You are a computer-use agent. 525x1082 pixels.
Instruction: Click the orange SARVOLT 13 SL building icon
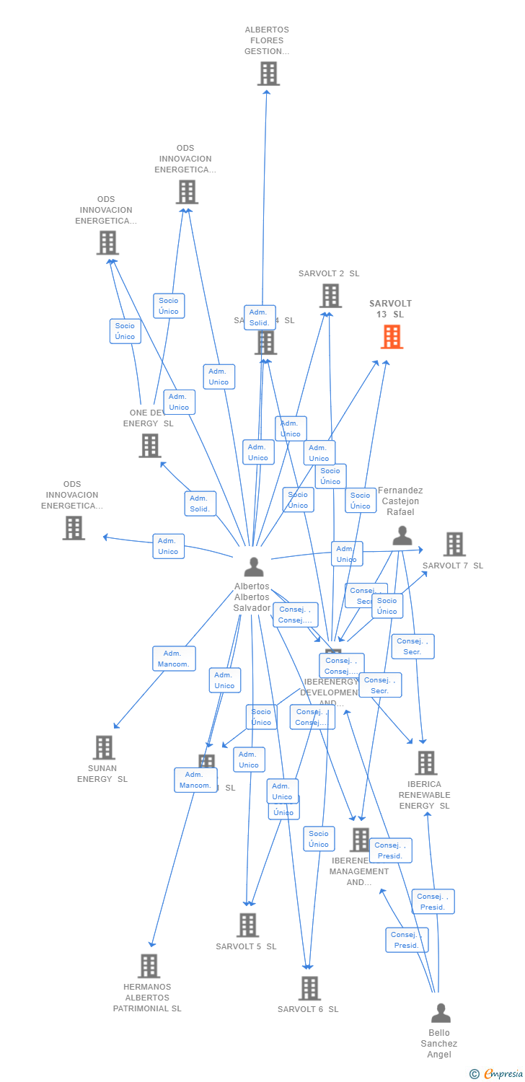[392, 337]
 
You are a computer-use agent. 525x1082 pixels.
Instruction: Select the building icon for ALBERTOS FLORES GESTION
[268, 74]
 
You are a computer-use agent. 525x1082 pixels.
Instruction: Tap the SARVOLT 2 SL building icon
[330, 296]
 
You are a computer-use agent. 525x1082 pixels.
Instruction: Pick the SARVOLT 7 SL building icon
[454, 545]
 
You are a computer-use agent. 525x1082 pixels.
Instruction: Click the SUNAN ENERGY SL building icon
[104, 747]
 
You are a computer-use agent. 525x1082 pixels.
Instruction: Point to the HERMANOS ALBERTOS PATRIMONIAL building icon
[149, 966]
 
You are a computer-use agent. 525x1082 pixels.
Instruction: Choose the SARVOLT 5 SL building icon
[247, 925]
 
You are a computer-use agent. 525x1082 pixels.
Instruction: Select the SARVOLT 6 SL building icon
[309, 988]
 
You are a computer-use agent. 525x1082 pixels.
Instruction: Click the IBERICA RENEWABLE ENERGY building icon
[426, 763]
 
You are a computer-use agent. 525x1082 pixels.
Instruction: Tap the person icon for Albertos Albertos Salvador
[253, 567]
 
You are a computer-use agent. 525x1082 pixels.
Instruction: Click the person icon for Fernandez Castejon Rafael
[402, 536]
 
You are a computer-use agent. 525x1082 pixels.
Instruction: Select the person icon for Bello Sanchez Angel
[441, 1013]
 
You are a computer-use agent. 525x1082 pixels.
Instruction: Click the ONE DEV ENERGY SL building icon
[150, 446]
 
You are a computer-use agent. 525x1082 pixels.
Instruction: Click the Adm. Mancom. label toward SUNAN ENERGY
[174, 659]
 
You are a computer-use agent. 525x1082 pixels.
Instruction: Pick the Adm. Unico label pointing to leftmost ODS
[168, 546]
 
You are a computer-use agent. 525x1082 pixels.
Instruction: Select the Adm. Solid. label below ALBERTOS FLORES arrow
[259, 317]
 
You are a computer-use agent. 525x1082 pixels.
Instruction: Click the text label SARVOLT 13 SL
[390, 309]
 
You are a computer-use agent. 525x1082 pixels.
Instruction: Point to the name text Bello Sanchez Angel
[439, 1044]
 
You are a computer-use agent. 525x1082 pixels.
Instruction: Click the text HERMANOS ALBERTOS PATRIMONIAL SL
[147, 998]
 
